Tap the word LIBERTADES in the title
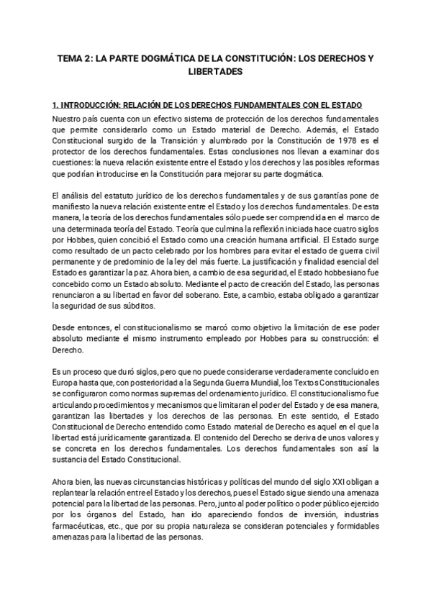coord(215,72)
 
